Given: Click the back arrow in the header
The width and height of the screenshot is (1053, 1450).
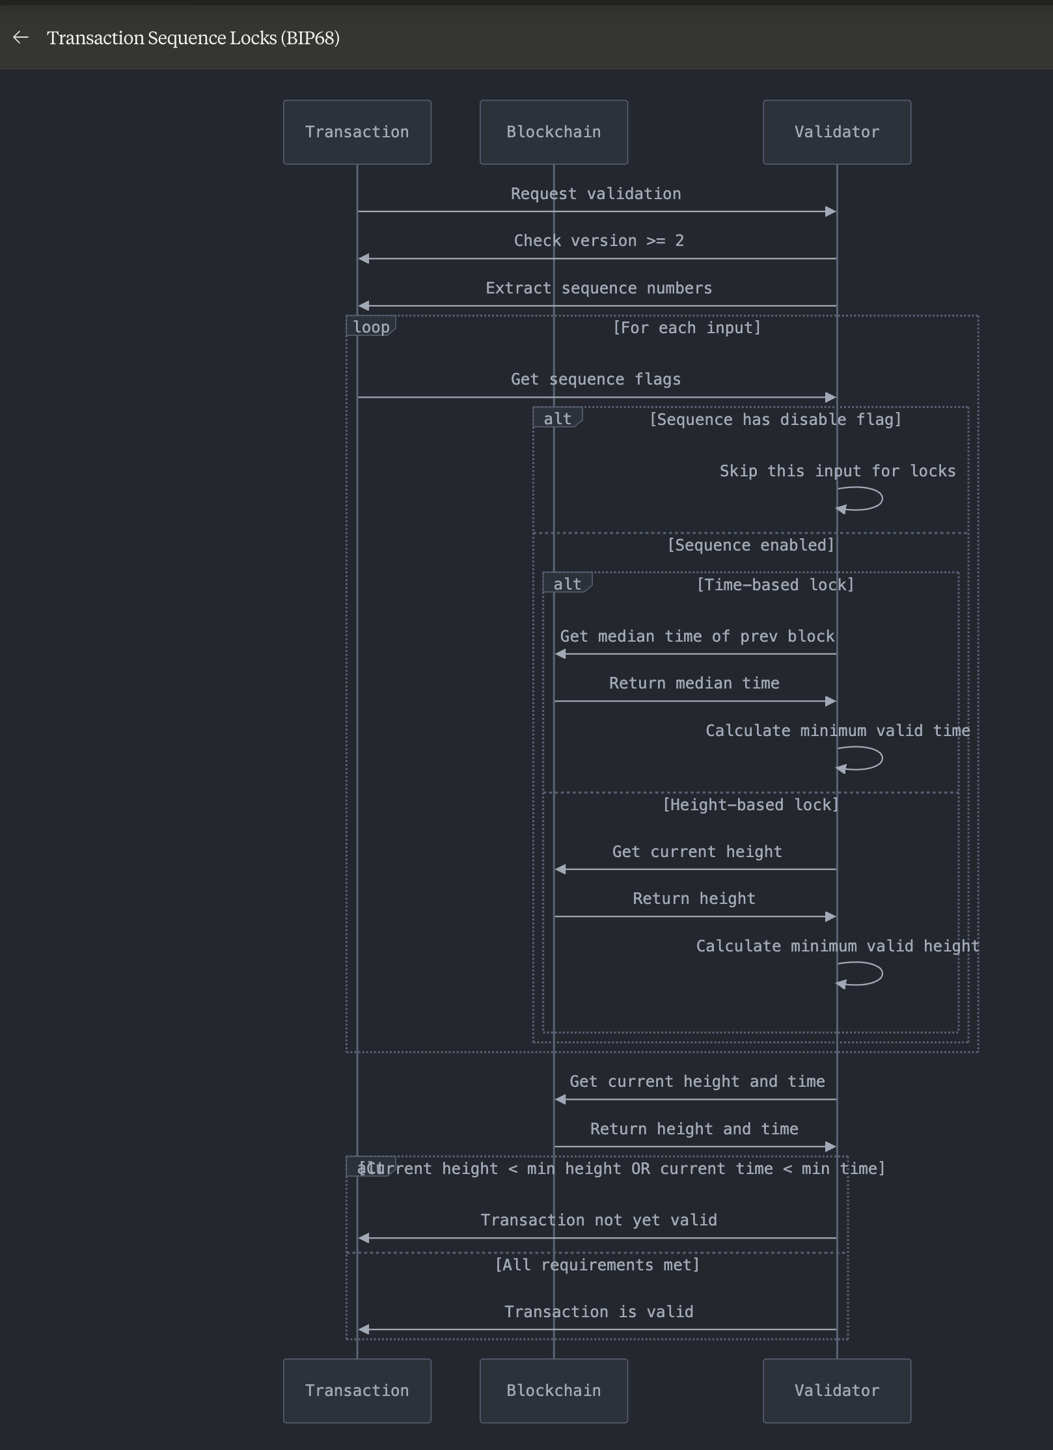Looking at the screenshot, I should coord(21,38).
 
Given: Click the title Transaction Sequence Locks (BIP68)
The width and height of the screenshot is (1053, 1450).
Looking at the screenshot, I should coord(193,38).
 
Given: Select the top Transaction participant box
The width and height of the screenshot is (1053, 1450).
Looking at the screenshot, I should coord(357,132).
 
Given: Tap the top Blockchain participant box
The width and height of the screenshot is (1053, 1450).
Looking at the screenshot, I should coord(553,132).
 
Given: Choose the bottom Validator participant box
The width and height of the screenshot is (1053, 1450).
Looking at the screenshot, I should coord(836,1391).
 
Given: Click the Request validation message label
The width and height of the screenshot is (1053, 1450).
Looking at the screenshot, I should coord(595,194).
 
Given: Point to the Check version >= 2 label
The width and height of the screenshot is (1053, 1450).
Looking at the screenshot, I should coord(599,241).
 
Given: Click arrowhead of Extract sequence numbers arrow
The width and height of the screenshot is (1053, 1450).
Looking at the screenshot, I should coord(364,306).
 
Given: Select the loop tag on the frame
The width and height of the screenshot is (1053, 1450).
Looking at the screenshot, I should coord(371,327).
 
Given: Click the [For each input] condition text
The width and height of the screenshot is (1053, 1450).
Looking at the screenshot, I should coord(687,327).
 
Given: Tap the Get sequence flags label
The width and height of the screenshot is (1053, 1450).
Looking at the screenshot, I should coord(595,379).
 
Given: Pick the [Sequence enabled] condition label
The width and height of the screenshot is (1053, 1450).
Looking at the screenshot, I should coord(750,545).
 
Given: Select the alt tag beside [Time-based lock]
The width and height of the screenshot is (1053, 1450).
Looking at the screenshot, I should coord(567,584).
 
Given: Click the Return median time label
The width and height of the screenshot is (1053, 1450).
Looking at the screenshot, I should coord(694,683).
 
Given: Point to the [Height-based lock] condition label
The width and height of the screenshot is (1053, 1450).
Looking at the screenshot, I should coord(750,805).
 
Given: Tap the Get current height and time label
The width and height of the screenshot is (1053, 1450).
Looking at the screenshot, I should coord(697,1082).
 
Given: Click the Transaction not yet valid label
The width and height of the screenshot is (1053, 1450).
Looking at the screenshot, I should coord(599,1220).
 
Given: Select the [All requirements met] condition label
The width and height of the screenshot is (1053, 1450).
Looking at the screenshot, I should coord(597,1265).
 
